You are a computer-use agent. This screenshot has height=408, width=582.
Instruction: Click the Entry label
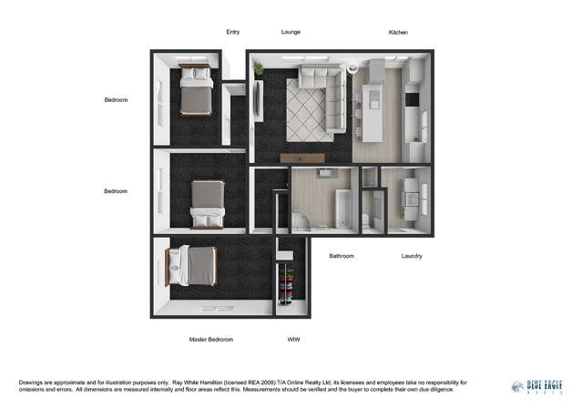pyautogui.click(x=233, y=32)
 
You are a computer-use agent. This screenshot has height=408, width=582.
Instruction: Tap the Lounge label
pyautogui.click(x=291, y=32)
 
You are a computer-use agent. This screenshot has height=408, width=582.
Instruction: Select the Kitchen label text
pyautogui.click(x=398, y=32)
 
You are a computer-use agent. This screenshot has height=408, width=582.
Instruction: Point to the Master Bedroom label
pyautogui.click(x=211, y=340)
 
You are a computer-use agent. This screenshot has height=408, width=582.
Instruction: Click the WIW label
pyautogui.click(x=293, y=340)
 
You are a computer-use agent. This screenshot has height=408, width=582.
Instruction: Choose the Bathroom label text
pyautogui.click(x=342, y=256)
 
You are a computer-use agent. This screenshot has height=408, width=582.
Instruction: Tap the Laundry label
pyautogui.click(x=412, y=256)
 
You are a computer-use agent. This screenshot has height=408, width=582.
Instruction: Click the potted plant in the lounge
pyautogui.click(x=258, y=68)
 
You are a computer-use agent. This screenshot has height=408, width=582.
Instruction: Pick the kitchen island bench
pyautogui.click(x=373, y=109)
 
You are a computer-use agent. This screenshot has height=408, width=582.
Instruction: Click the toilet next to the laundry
pyautogui.click(x=366, y=219)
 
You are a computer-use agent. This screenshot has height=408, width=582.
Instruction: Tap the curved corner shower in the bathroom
pyautogui.click(x=300, y=219)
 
